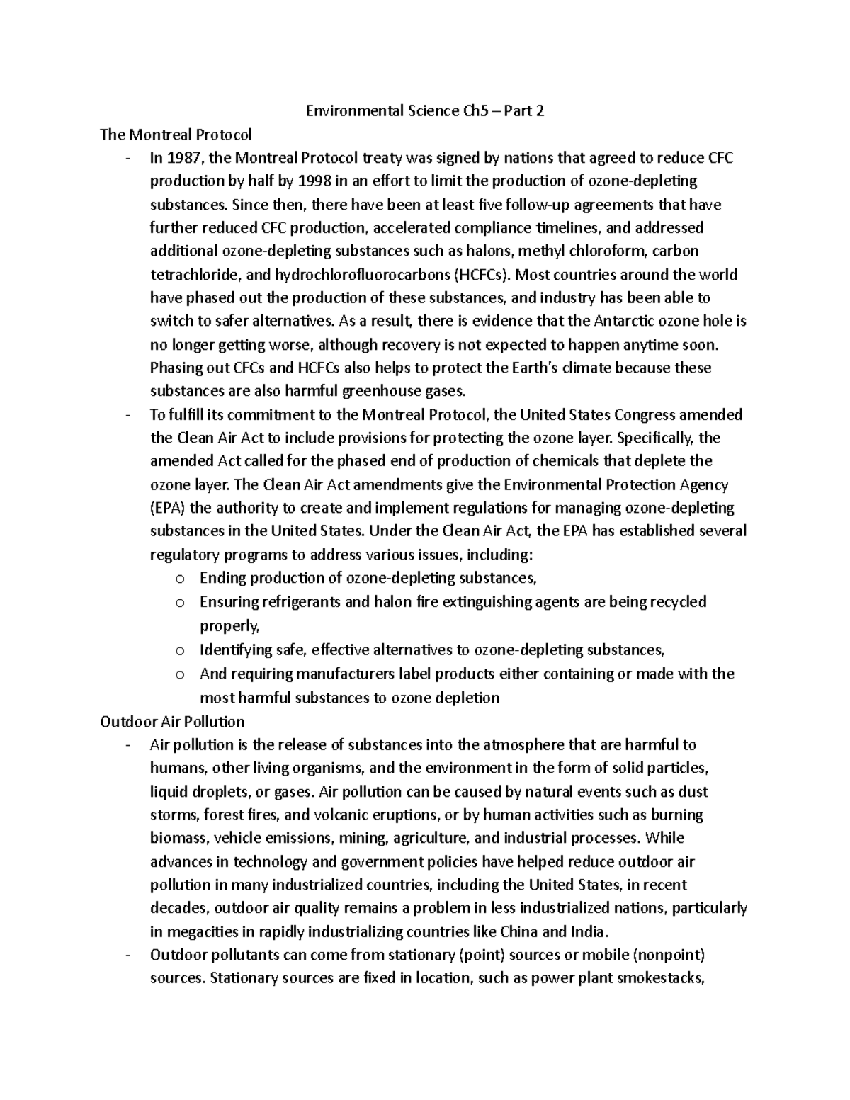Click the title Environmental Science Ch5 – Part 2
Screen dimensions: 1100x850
pos(424,111)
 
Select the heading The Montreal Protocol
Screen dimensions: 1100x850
pos(176,135)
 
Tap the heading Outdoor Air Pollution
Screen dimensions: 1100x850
pos(172,722)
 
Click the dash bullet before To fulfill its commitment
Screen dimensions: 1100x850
pos(127,415)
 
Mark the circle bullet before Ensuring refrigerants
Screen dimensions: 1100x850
pos(179,603)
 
